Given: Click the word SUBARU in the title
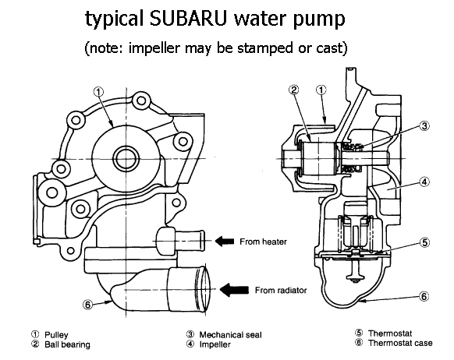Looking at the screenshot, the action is pyautogui.click(x=189, y=19).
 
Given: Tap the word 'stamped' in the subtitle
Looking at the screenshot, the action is pyautogui.click(x=265, y=48).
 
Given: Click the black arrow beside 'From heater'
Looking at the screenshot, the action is pyautogui.click(x=225, y=241).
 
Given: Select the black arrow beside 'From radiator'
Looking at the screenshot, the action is pyautogui.click(x=234, y=289).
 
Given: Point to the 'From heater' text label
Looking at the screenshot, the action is pyautogui.click(x=263, y=242).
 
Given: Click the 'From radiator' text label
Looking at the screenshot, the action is pyautogui.click(x=281, y=290).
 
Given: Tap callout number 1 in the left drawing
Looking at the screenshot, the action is pyautogui.click(x=99, y=92).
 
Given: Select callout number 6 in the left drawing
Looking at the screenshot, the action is pyautogui.click(x=88, y=304).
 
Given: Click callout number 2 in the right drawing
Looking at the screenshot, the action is pyautogui.click(x=293, y=90).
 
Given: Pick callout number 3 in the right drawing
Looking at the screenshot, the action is pyautogui.click(x=424, y=125).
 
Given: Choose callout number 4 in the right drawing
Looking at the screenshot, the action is pyautogui.click(x=424, y=182).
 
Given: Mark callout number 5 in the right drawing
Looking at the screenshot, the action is pyautogui.click(x=424, y=242).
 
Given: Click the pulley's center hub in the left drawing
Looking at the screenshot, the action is pyautogui.click(x=126, y=159).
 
